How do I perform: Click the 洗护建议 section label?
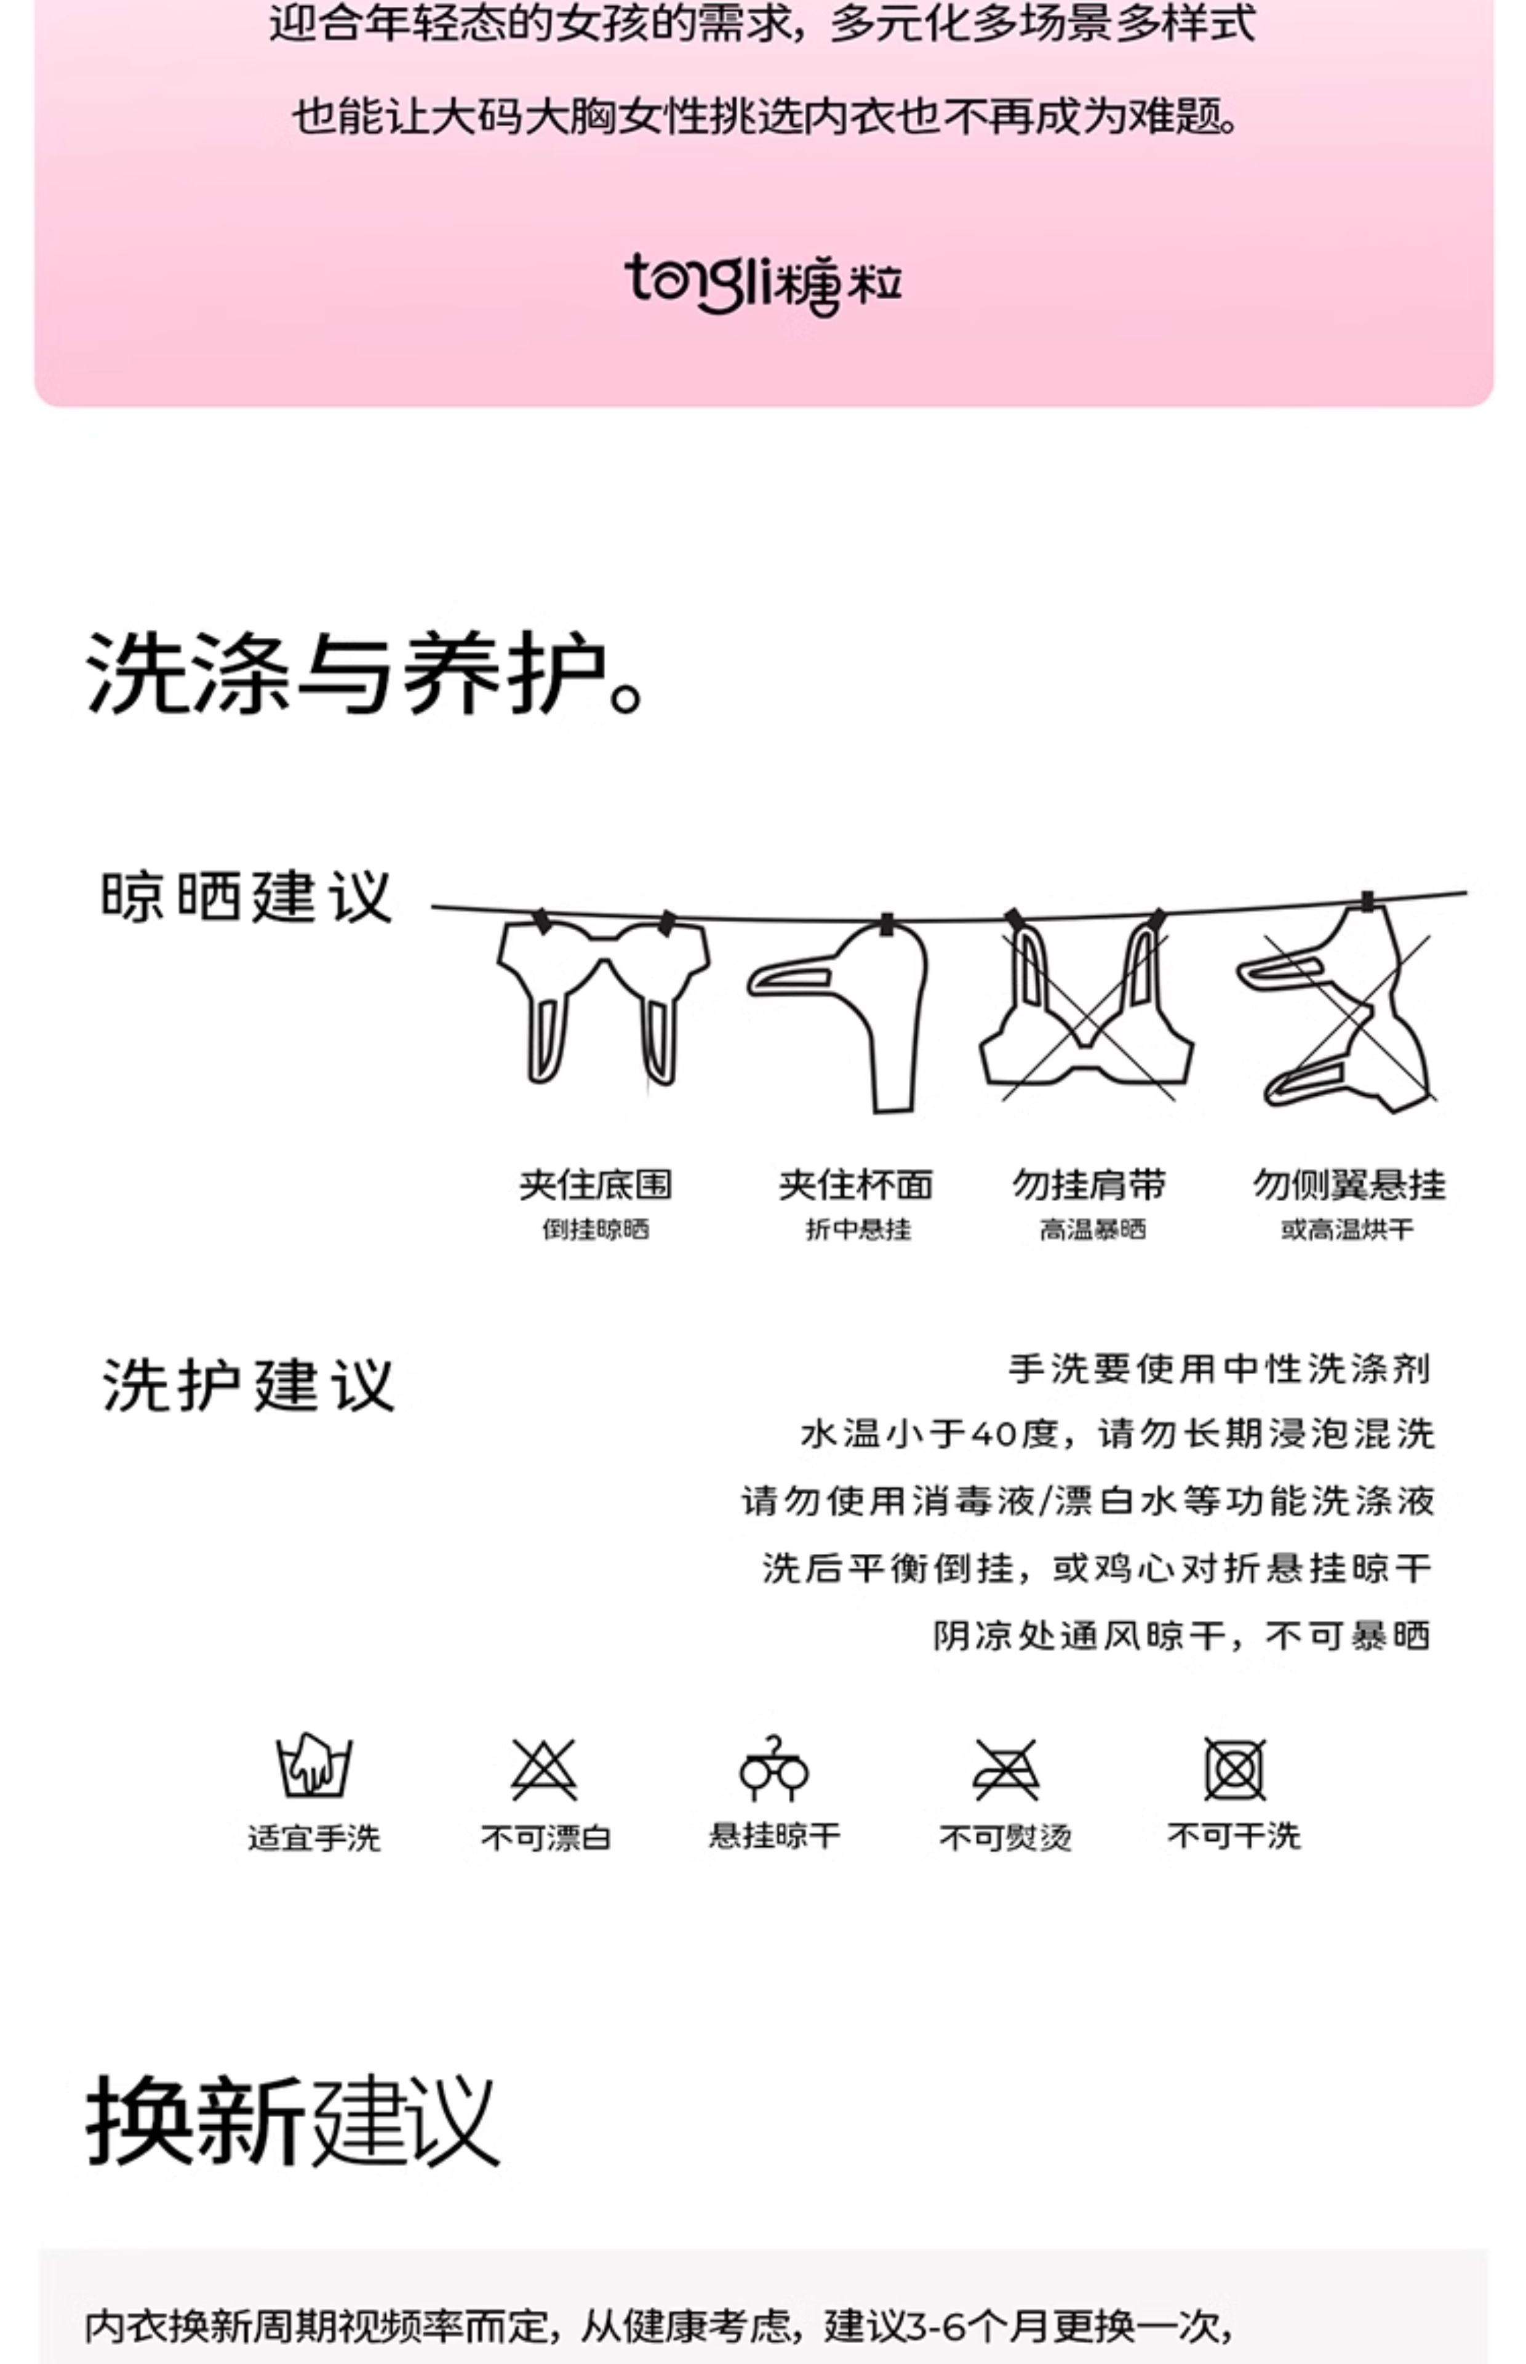click(248, 1384)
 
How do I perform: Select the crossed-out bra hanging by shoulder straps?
click(1087, 1003)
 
